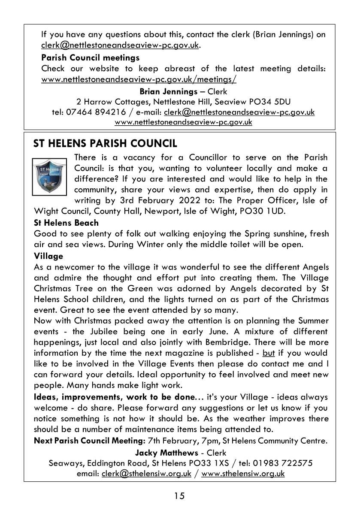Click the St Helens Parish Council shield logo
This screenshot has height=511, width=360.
[x=50, y=177]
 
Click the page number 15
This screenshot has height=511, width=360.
[x=179, y=496]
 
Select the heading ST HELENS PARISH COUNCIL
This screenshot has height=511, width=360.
[x=105, y=143]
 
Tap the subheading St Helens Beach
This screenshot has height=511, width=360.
[x=66, y=223]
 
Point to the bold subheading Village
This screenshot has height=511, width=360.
[x=48, y=256]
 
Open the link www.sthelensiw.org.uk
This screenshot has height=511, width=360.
[x=243, y=474]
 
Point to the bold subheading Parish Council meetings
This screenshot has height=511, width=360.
[x=90, y=57]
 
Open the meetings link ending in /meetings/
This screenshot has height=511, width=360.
[x=139, y=79]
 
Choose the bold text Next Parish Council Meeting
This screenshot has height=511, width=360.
[x=89, y=441]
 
